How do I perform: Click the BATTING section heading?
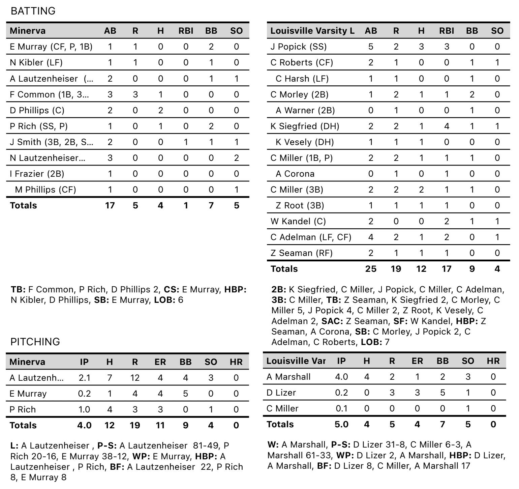33,11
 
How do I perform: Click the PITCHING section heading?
35,342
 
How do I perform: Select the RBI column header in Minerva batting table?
186,31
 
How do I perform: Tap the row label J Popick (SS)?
298,47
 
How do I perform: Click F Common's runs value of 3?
135,94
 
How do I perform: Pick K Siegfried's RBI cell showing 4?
447,126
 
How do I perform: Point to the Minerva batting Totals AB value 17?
110,205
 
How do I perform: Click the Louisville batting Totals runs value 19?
396,269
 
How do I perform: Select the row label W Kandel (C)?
298,221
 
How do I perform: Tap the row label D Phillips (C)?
37,110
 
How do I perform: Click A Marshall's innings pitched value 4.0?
341,377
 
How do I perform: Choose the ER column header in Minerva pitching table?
160,362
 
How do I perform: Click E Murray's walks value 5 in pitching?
185,394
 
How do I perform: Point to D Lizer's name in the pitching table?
281,393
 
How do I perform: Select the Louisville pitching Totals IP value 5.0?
341,424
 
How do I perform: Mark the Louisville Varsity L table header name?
312,31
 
